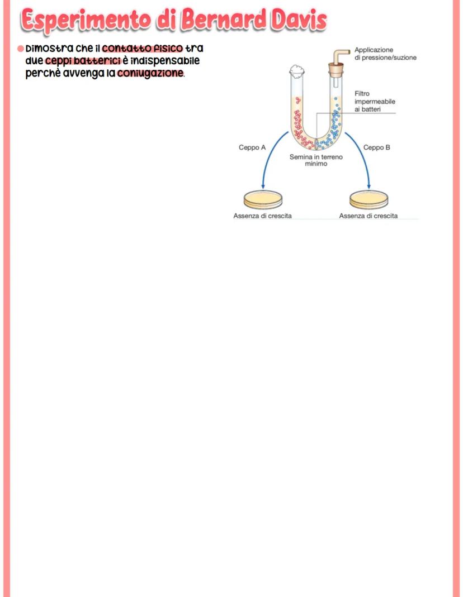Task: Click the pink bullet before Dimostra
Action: pyautogui.click(x=20, y=49)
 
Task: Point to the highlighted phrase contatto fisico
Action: pyautogui.click(x=143, y=49)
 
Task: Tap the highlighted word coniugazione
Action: pyautogui.click(x=150, y=73)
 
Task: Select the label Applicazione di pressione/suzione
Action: pyautogui.click(x=385, y=54)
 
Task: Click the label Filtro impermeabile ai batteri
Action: pyautogui.click(x=375, y=102)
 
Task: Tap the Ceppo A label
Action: pyautogui.click(x=252, y=147)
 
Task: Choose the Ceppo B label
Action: pyautogui.click(x=376, y=147)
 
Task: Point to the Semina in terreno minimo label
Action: pyautogui.click(x=316, y=160)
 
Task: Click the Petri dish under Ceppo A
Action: pyautogui.click(x=263, y=199)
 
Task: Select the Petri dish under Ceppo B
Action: pyautogui.click(x=368, y=199)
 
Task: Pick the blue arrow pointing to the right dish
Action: pyautogui.click(x=361, y=162)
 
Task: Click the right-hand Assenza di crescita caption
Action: pyautogui.click(x=368, y=216)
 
